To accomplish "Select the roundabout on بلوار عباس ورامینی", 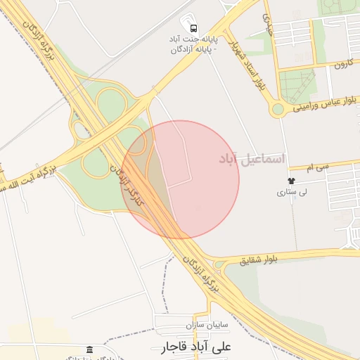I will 278,109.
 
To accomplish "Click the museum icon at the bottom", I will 89,349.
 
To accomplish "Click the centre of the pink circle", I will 180,179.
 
